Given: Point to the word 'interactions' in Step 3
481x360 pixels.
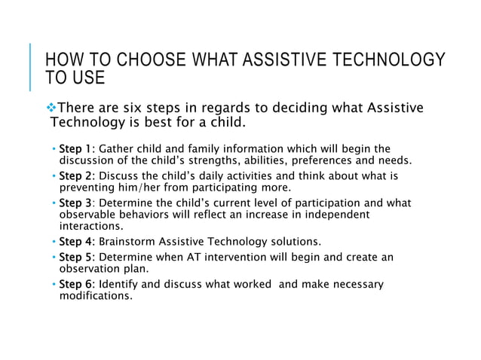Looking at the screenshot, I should coord(90,226).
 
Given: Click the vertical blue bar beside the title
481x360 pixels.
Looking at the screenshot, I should coord(32,67).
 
